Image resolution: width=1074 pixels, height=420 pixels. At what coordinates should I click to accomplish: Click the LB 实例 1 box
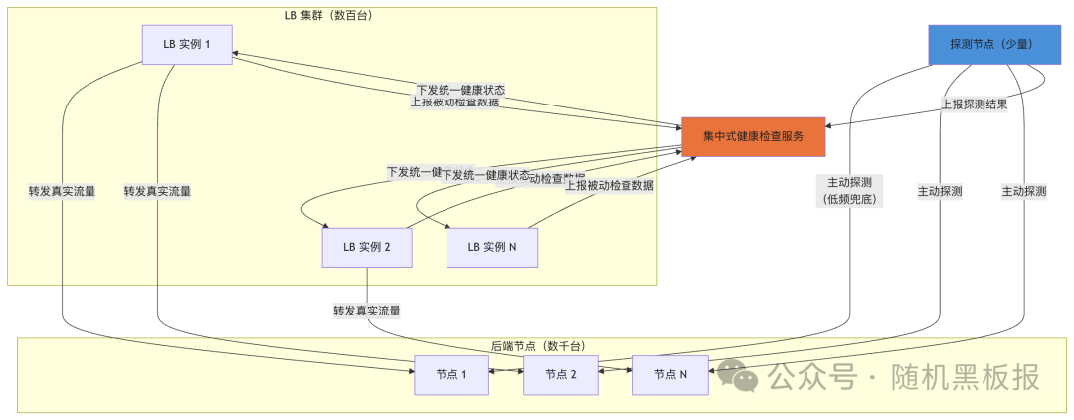click(187, 45)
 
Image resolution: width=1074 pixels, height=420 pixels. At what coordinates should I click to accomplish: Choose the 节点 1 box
click(450, 375)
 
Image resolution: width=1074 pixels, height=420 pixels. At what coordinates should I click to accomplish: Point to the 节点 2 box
click(561, 375)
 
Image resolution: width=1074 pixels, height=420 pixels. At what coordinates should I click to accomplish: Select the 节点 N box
click(670, 375)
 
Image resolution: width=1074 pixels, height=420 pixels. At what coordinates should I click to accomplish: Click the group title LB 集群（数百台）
click(329, 15)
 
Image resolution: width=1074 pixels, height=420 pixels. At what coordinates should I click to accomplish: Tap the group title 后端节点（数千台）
click(538, 345)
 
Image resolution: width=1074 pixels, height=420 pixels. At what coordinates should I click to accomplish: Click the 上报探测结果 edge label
click(975, 104)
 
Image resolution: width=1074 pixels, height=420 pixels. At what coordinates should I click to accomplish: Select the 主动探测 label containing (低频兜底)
click(848, 191)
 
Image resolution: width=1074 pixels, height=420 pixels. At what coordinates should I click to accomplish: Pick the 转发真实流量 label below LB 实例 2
click(367, 311)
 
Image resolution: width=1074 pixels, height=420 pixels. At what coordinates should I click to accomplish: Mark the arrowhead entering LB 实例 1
click(238, 55)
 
